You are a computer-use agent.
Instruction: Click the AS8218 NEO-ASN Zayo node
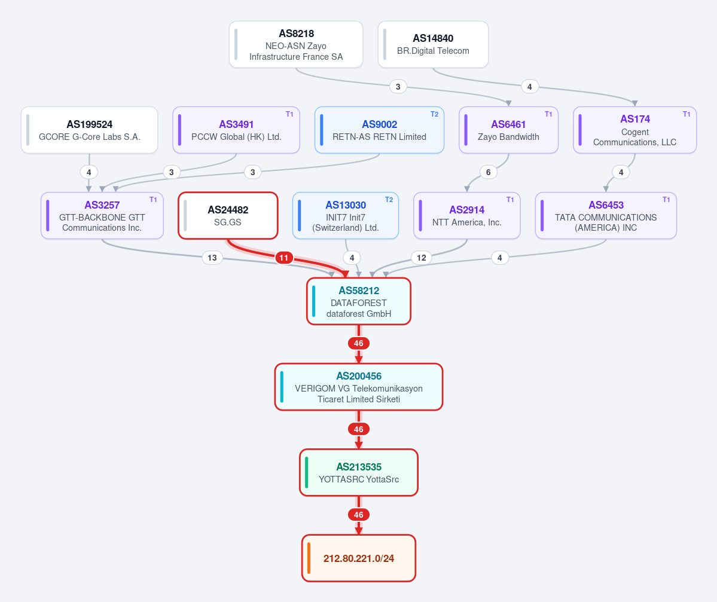click(296, 44)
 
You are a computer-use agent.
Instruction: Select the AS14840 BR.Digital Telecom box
click(433, 44)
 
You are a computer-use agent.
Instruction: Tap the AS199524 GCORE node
click(90, 130)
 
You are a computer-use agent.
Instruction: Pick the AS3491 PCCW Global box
click(236, 130)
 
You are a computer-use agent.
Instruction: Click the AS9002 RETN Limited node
click(380, 130)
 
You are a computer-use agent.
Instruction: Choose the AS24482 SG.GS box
click(228, 215)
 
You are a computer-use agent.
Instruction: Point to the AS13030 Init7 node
click(346, 215)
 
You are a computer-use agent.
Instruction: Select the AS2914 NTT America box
click(467, 215)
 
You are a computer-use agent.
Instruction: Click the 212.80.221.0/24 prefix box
click(359, 558)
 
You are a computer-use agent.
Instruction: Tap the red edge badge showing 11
click(284, 258)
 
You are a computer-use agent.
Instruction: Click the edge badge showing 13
click(212, 258)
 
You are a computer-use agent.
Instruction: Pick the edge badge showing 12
click(422, 258)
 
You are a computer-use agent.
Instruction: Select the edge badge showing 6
click(489, 172)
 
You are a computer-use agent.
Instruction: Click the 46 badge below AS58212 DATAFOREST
click(359, 343)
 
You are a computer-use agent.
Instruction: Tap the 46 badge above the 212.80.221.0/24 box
click(359, 515)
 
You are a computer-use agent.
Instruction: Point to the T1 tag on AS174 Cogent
click(687, 114)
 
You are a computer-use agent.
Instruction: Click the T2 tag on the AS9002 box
click(434, 114)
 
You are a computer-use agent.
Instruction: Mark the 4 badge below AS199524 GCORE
click(89, 172)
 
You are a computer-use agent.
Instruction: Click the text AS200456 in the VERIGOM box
click(359, 376)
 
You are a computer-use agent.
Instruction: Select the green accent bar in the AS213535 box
click(306, 473)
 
